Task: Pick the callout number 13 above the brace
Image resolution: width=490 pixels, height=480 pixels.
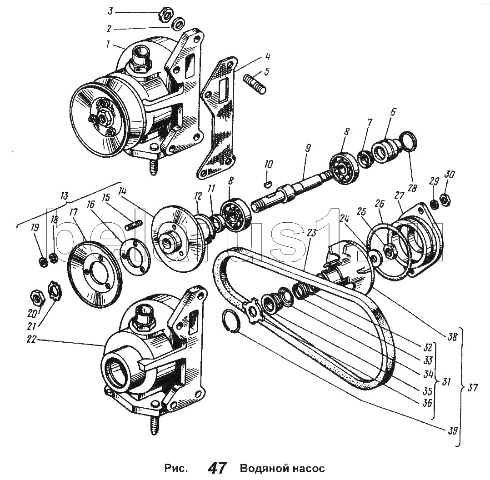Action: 64,196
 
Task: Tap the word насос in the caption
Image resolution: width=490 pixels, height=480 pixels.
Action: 306,468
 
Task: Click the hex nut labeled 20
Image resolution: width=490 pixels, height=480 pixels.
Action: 35,299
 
